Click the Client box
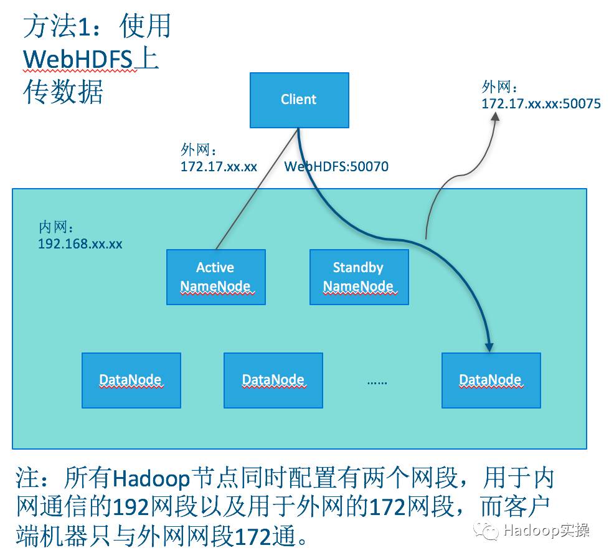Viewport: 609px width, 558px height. tap(299, 100)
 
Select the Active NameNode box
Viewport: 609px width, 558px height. tap(215, 277)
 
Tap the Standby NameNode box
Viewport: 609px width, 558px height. tap(359, 277)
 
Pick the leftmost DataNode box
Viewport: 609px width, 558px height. tap(131, 380)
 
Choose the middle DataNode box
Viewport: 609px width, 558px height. tap(273, 380)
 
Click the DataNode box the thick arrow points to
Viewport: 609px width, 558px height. tap(491, 380)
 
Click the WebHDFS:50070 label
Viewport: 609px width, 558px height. tap(336, 167)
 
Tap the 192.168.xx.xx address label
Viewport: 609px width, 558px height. tap(80, 244)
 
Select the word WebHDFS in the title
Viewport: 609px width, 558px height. tap(78, 60)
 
